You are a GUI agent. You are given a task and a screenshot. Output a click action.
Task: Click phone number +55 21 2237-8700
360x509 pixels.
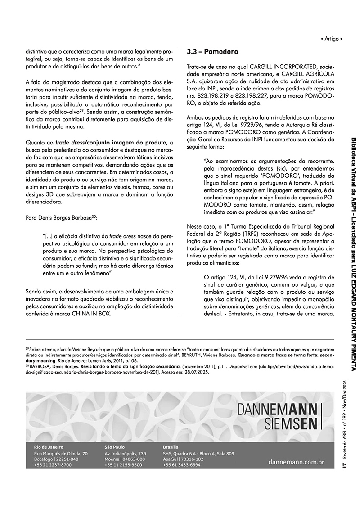tap(53, 465)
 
